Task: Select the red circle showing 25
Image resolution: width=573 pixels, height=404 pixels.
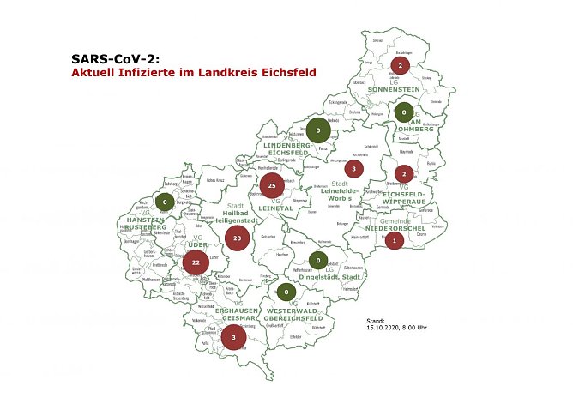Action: [272, 185]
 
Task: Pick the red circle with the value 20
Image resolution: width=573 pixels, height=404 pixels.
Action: [237, 238]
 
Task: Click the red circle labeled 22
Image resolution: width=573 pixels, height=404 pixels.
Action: [196, 262]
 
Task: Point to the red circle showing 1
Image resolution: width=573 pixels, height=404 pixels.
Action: [394, 241]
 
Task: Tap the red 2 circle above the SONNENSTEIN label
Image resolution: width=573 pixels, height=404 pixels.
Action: [400, 65]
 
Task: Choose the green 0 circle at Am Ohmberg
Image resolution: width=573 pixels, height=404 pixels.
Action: [403, 112]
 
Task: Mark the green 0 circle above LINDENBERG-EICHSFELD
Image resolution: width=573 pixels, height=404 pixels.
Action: [318, 131]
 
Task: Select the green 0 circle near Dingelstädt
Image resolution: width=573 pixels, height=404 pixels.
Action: [317, 261]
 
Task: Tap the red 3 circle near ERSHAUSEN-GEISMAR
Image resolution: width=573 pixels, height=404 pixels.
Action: [233, 338]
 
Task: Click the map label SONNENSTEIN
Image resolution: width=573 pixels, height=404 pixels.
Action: [396, 89]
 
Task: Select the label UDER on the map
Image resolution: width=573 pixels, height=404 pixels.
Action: [197, 244]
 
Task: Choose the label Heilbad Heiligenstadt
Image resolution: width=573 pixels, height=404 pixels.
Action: [227, 217]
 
